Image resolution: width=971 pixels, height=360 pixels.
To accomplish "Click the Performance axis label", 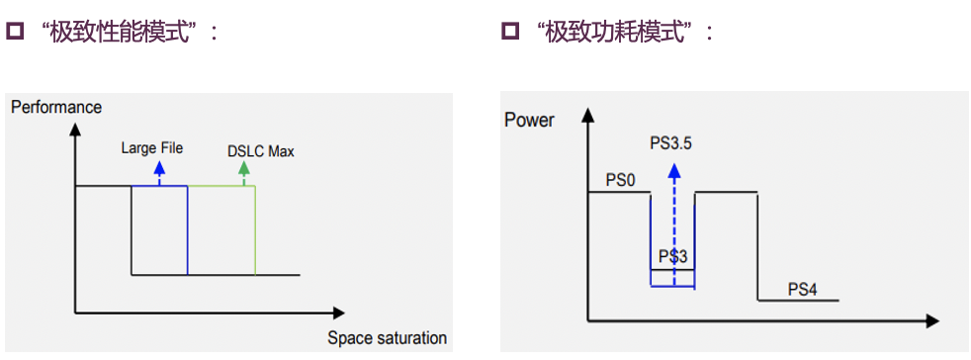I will coord(56,106).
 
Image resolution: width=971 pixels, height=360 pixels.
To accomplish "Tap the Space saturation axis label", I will coord(387,338).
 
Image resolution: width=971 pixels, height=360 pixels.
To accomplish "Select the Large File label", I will coord(152,148).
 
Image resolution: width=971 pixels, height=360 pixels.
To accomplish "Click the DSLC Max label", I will coord(260,151).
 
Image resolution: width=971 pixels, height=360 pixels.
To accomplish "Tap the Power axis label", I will coord(529,121).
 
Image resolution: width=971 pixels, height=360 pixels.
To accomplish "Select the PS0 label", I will coord(620,179).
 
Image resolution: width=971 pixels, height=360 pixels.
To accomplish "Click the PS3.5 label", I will coord(670,143).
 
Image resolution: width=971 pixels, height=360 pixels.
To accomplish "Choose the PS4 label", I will coord(802,289).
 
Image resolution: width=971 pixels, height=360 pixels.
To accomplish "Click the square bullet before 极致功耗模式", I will coord(509,32).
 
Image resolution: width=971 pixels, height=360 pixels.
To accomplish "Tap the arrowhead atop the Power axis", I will coord(588,116).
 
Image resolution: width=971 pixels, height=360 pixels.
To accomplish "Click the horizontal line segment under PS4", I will coord(798,301).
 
